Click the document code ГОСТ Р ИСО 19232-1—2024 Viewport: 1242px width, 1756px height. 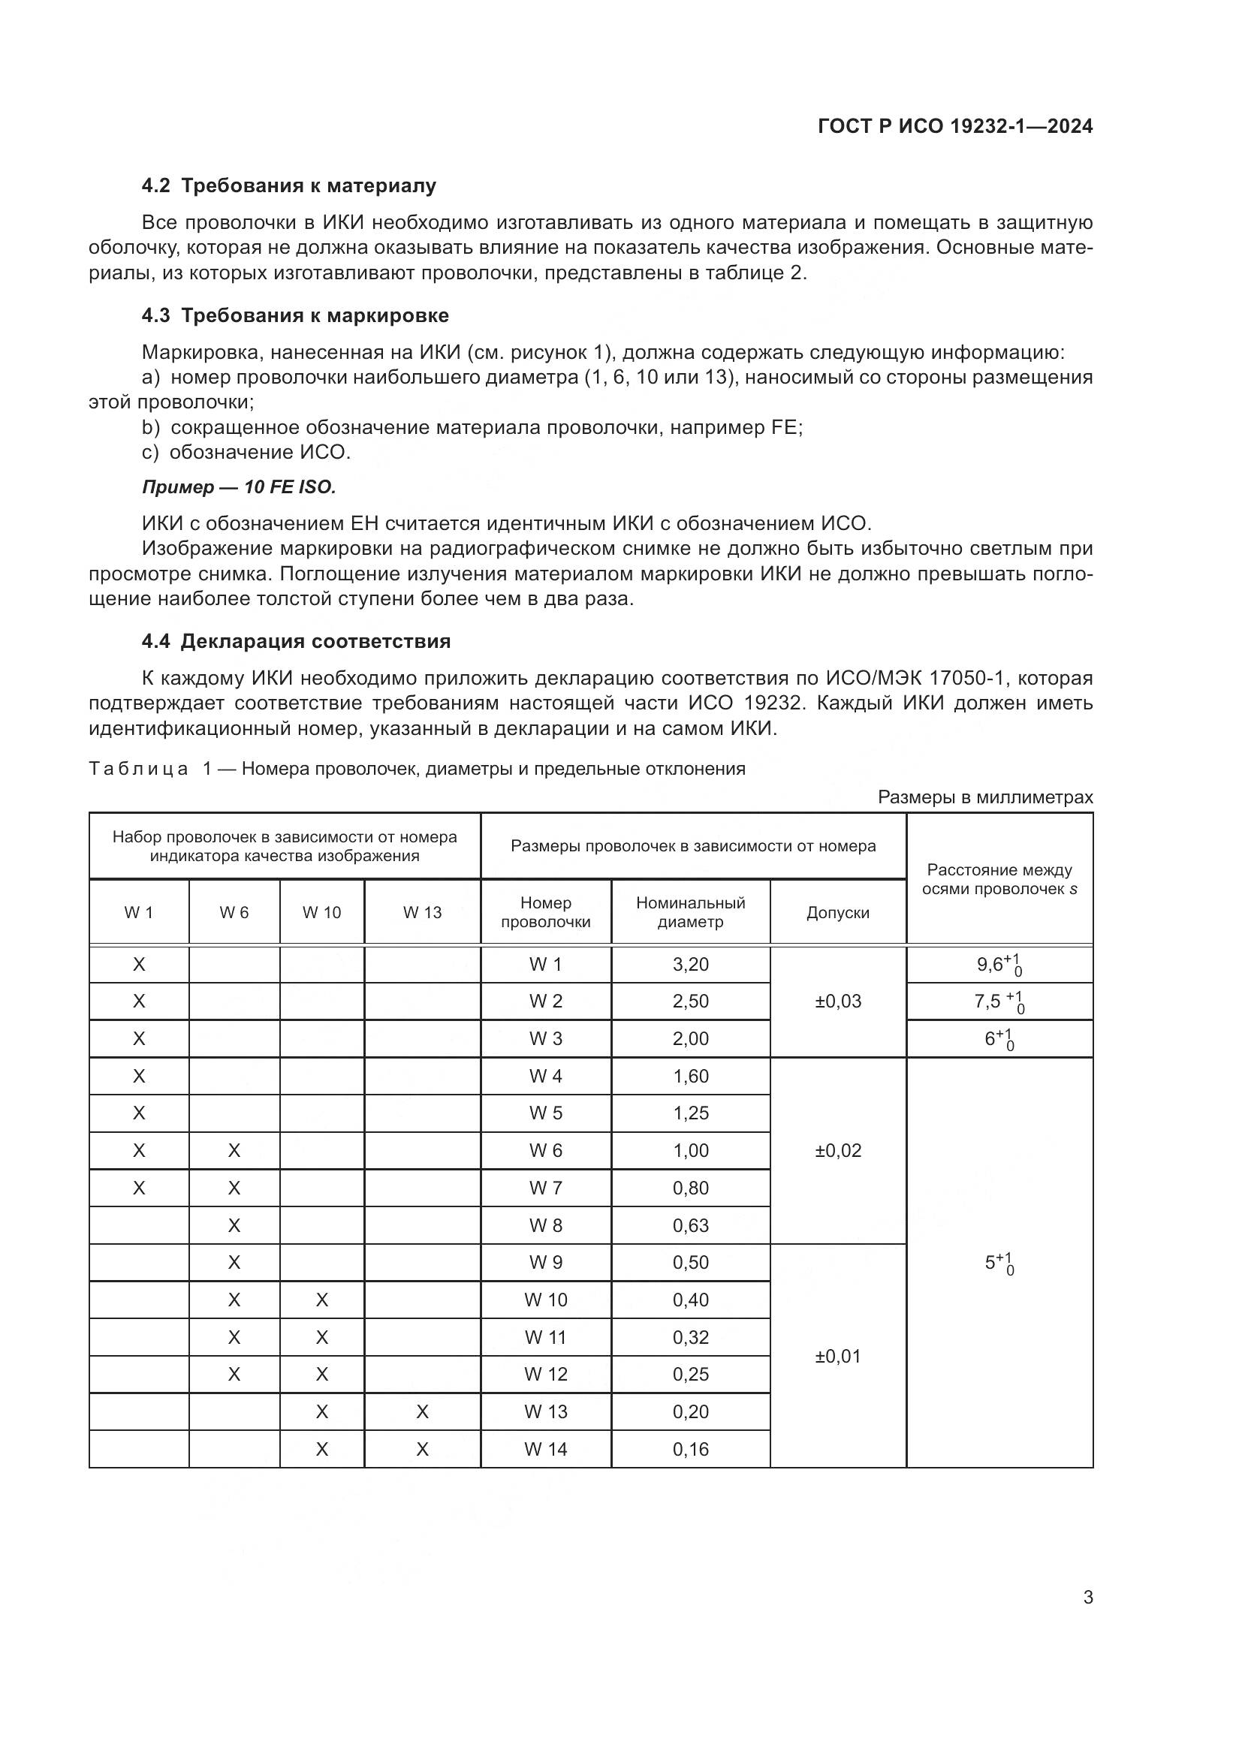click(954, 126)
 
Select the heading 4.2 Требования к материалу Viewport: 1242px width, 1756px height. click(289, 186)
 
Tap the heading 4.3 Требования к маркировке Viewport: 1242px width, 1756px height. click(295, 316)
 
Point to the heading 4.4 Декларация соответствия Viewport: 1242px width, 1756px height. click(296, 641)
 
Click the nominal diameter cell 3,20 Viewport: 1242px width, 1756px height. click(690, 965)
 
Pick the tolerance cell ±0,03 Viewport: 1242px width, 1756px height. click(837, 1001)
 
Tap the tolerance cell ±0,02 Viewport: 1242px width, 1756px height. click(837, 1150)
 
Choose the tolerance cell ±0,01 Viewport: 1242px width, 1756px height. click(837, 1356)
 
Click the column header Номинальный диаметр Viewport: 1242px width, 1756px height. click(690, 911)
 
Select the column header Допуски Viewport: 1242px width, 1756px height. click(837, 912)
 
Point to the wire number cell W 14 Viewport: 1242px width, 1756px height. click(545, 1449)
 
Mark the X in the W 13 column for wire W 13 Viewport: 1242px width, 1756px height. click(422, 1412)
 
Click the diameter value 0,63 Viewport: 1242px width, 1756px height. click(690, 1225)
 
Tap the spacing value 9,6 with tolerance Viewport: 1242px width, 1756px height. click(999, 965)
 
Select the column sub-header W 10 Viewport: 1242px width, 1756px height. click(321, 912)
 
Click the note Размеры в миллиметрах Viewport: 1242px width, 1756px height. click(985, 797)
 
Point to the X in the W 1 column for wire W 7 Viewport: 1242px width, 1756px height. click(138, 1188)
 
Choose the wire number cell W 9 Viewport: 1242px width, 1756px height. click(545, 1263)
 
